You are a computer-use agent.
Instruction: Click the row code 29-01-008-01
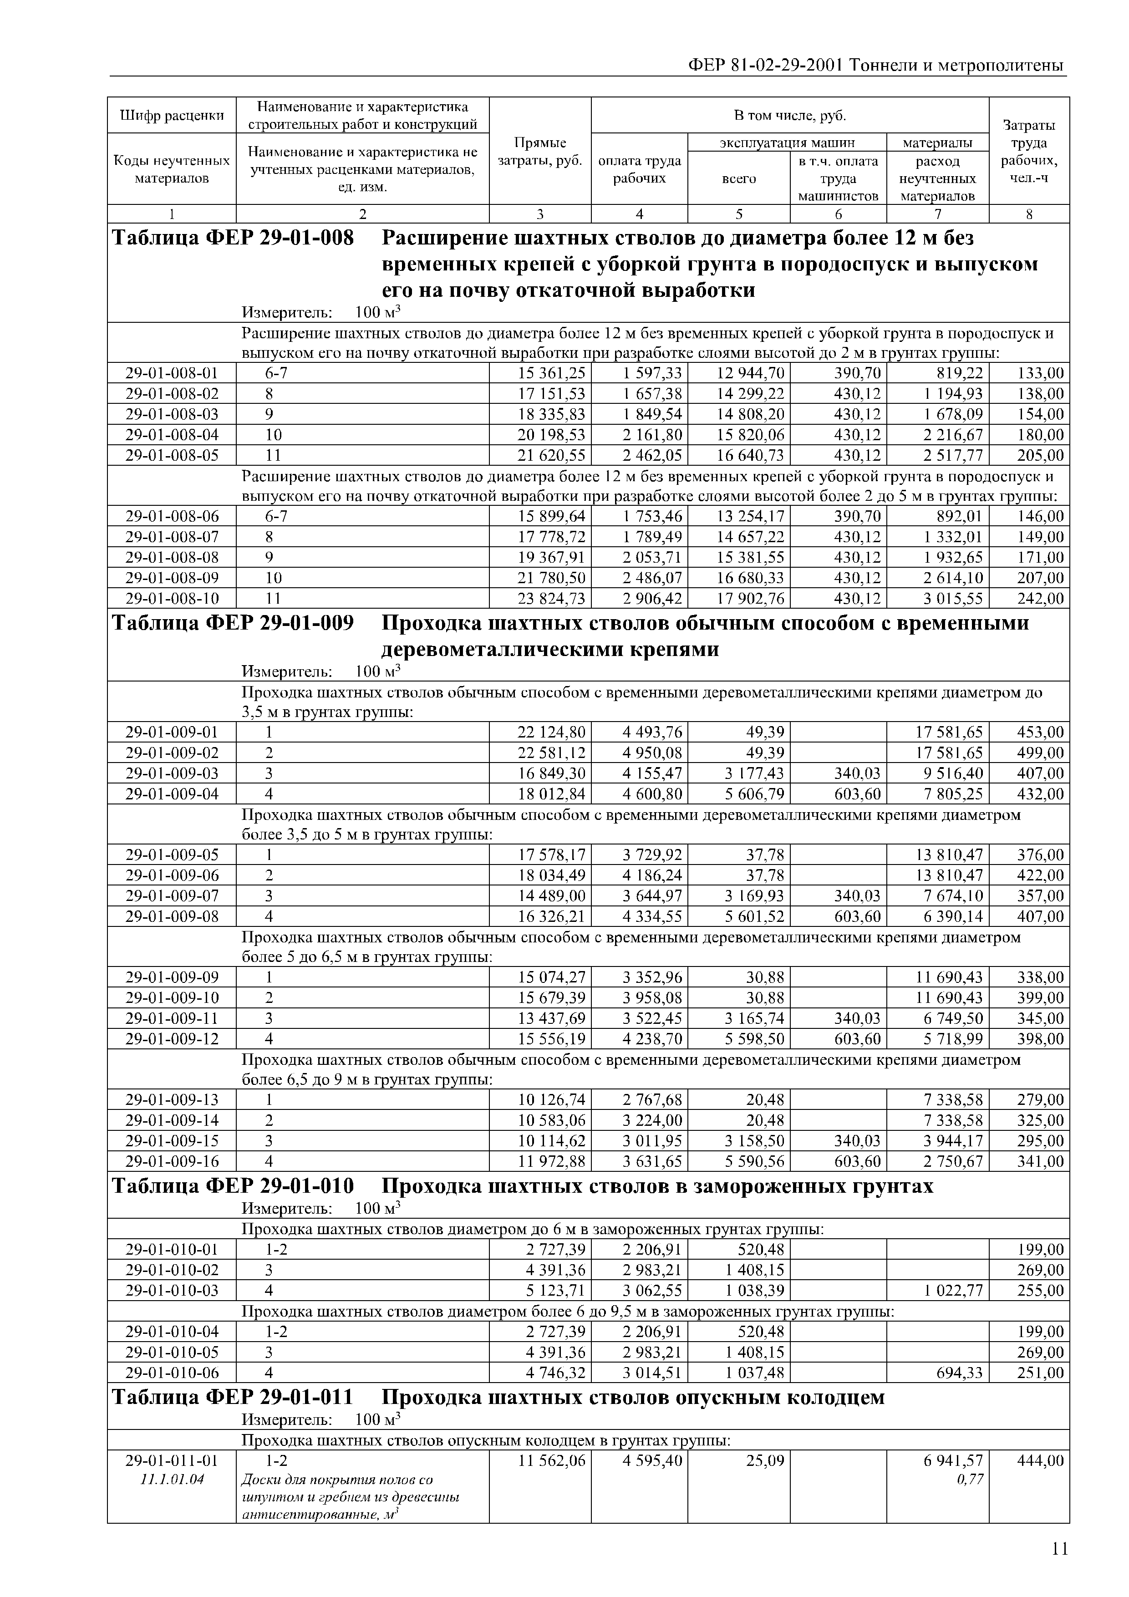(172, 373)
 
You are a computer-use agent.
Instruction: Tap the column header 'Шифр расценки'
(172, 116)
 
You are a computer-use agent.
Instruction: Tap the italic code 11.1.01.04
(172, 1480)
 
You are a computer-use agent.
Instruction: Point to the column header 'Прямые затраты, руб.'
(540, 152)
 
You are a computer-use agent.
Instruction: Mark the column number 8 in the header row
(1029, 214)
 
